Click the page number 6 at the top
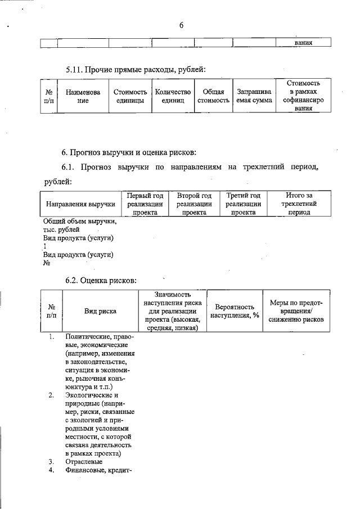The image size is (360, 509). (x=182, y=25)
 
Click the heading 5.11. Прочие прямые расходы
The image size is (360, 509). (x=135, y=70)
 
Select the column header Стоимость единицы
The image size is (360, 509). (x=130, y=96)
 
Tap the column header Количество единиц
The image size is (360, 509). (x=173, y=96)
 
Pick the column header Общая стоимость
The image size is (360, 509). (x=213, y=96)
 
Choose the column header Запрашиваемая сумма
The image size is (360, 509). (x=254, y=96)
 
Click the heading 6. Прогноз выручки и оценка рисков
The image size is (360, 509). (x=129, y=152)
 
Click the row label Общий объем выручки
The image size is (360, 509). (x=80, y=222)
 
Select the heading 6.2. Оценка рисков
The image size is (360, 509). (x=101, y=280)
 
